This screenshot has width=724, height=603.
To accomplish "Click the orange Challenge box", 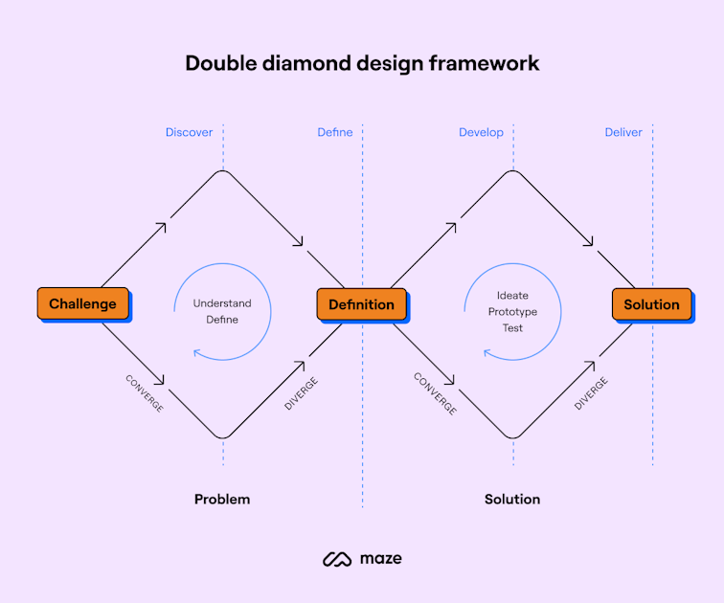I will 82,304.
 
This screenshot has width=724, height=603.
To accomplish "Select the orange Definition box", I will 361,304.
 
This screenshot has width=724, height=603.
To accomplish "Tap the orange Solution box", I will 651,304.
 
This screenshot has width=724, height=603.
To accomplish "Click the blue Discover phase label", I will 189,132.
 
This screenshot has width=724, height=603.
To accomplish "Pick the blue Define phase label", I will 335,132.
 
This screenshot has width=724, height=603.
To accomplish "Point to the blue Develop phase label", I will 481,132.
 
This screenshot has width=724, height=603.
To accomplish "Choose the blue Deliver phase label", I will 623,132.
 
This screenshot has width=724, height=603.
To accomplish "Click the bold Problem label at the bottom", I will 222,499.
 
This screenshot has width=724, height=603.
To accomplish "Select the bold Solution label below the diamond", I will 512,499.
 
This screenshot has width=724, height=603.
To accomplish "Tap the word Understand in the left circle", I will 222,303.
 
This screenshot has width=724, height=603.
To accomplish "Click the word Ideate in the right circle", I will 512,296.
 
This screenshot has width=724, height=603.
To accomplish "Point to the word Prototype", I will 512,312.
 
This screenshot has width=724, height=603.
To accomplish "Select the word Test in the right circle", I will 512,328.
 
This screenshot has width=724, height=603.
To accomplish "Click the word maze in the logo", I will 382,558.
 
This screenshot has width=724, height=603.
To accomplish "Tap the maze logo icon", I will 336,559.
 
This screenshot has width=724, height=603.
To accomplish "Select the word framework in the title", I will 485,63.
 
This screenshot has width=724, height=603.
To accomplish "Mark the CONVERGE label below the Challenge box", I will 145,392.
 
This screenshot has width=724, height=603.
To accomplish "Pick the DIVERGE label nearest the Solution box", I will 591,393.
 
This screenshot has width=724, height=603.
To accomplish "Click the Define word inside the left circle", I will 222,320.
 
